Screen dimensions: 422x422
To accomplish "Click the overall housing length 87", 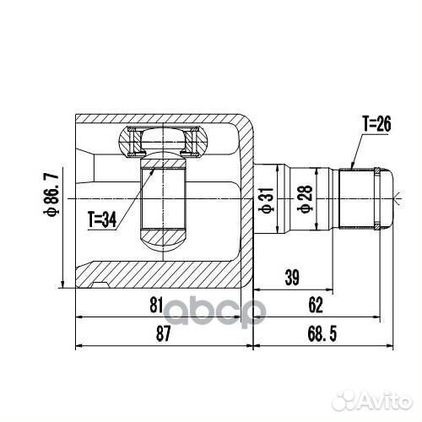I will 163,335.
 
